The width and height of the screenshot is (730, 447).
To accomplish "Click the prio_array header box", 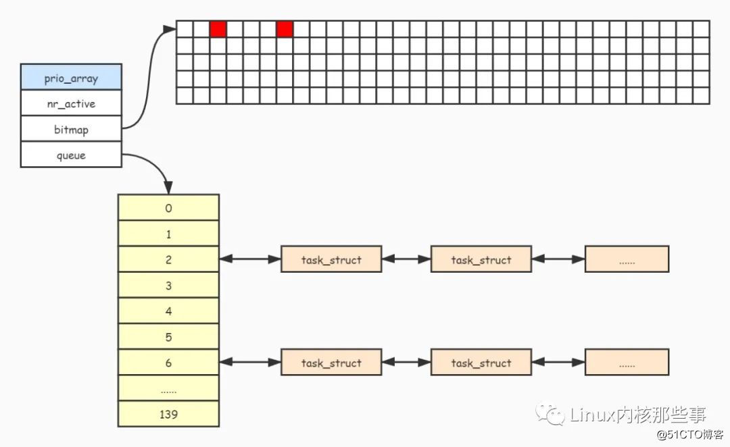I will click(71, 78).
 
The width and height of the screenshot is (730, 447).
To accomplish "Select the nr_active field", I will click(71, 103).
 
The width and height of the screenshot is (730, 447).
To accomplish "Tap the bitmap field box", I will click(71, 129).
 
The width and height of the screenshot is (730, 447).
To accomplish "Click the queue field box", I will click(71, 155).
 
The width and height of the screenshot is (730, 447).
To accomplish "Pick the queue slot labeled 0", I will click(168, 208).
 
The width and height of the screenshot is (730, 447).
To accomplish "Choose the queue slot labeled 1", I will click(168, 234).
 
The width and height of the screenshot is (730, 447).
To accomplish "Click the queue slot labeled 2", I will click(168, 259).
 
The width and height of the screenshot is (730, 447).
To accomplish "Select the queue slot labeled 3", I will click(168, 285).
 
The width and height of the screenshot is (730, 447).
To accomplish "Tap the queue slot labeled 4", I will click(168, 311).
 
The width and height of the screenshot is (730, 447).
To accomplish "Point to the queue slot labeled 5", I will click(168, 336).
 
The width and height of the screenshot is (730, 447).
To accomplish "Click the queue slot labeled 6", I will click(168, 363).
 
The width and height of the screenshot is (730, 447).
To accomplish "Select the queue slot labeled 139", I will click(168, 414).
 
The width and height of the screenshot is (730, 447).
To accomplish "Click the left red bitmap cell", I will click(218, 29).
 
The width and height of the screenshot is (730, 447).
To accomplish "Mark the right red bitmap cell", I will click(285, 29).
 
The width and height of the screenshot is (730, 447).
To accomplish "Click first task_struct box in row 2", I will click(331, 259).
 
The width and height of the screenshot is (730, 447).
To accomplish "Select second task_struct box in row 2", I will click(481, 259).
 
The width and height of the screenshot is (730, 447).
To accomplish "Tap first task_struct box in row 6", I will click(331, 363).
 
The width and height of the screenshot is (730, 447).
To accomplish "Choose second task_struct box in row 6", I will click(481, 363).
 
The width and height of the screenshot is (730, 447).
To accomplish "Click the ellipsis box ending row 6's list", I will click(627, 363).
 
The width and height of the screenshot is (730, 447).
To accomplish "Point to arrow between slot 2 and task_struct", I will click(250, 259).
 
